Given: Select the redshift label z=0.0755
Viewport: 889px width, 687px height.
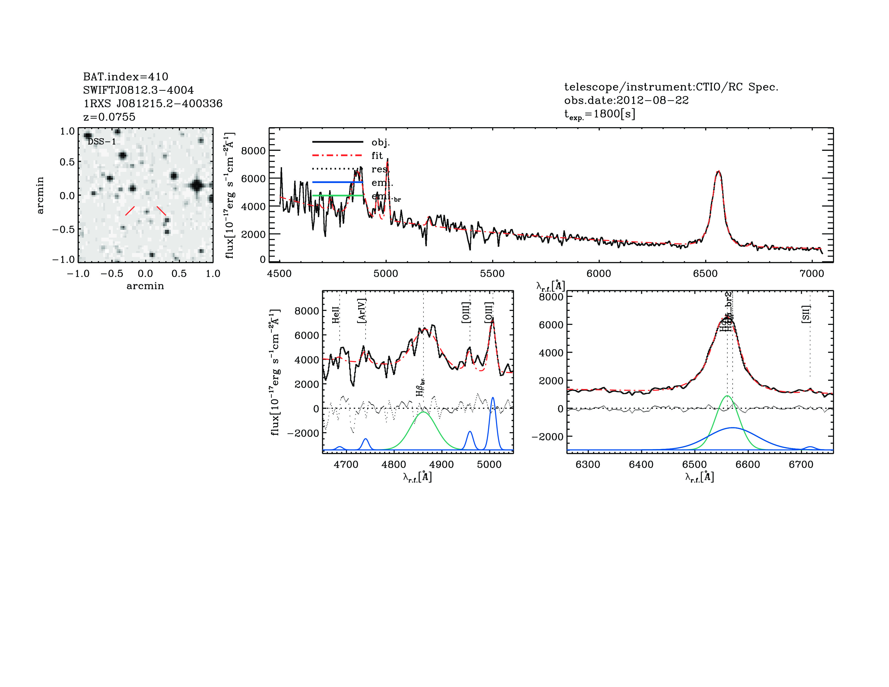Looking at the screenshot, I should (x=109, y=117).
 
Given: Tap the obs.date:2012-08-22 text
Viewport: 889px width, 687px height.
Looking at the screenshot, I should (x=626, y=100).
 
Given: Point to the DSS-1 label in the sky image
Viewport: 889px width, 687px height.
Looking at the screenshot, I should (x=102, y=142).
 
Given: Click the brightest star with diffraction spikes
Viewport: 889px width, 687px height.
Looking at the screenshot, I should (x=198, y=186).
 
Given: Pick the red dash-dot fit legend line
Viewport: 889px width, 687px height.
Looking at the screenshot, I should (x=337, y=155).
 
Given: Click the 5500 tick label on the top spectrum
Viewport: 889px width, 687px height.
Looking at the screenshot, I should (x=492, y=273).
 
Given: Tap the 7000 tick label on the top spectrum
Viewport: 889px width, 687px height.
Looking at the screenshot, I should (x=812, y=273).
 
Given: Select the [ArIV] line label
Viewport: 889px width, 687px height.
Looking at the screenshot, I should (x=362, y=311).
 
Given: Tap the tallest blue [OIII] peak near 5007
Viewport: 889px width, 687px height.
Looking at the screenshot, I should (x=493, y=398).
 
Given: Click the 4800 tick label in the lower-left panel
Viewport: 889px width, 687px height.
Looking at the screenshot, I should (x=394, y=464).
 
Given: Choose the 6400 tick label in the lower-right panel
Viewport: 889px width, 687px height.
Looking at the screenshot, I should (x=641, y=464).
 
